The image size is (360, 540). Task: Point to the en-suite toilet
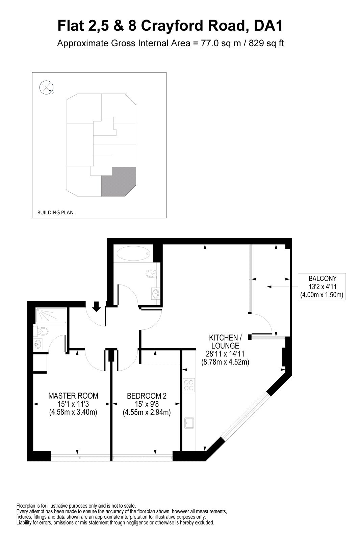(x=42, y=331)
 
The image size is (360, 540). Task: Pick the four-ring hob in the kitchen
(x=189, y=385)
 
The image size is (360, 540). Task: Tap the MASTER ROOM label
(x=73, y=396)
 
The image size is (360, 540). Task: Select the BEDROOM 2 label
(x=147, y=396)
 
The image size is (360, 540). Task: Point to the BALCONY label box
(x=322, y=287)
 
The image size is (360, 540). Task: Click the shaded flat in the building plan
(x=118, y=181)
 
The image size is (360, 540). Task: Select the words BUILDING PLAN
(x=55, y=213)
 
